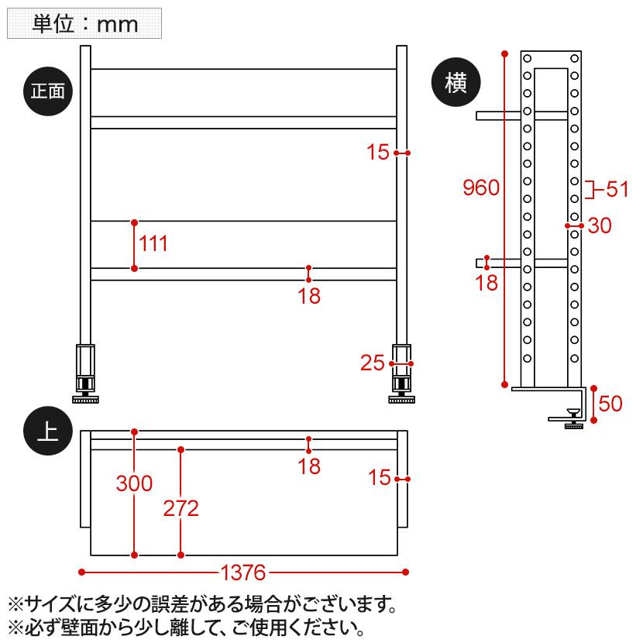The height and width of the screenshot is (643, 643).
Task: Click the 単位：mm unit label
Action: [84, 23]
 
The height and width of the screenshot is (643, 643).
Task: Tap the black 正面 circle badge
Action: [48, 91]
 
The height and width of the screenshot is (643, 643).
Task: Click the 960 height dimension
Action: [480, 187]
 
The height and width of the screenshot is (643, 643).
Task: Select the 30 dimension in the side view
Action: [600, 226]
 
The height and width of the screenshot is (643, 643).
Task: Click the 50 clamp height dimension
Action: [611, 404]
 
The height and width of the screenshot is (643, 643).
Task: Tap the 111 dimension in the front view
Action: [153, 244]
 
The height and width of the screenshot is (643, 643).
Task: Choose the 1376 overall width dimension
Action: [243, 573]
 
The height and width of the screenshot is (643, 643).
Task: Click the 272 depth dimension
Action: [181, 508]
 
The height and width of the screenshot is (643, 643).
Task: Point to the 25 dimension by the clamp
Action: [373, 363]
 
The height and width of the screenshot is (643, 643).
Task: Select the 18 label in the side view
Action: [487, 283]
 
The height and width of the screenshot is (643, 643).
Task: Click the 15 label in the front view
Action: [377, 153]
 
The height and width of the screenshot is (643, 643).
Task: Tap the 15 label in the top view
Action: [380, 478]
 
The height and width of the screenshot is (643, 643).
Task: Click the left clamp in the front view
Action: [85, 372]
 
